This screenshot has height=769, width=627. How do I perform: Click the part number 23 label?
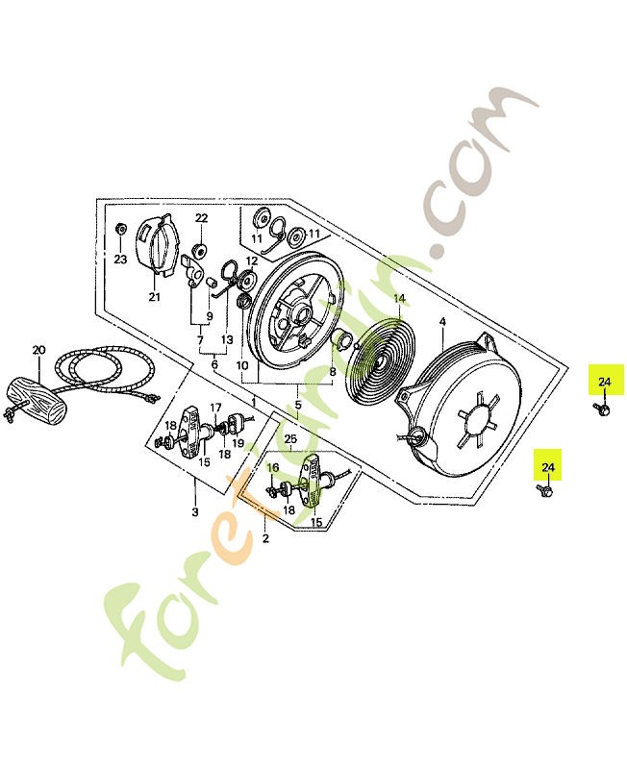click(x=120, y=260)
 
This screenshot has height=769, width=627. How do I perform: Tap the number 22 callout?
click(x=201, y=219)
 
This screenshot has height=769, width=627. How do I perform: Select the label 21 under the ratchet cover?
click(x=154, y=298)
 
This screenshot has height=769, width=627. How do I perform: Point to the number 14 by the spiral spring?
click(x=398, y=298)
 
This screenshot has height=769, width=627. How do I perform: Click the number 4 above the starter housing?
click(x=441, y=321)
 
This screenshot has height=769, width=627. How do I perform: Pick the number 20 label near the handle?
click(x=38, y=350)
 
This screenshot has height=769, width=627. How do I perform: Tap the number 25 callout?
click(x=290, y=439)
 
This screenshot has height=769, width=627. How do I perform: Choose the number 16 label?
click(x=272, y=467)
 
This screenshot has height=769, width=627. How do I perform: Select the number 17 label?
click(x=215, y=407)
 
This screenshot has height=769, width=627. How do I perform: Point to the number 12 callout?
click(x=251, y=260)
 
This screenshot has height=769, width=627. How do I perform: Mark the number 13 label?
click(x=227, y=339)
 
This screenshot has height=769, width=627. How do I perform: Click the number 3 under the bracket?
click(x=194, y=511)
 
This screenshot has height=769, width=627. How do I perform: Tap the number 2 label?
click(x=264, y=538)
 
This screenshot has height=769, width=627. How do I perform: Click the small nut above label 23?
click(x=120, y=231)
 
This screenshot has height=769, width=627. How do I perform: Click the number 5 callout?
click(x=298, y=405)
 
